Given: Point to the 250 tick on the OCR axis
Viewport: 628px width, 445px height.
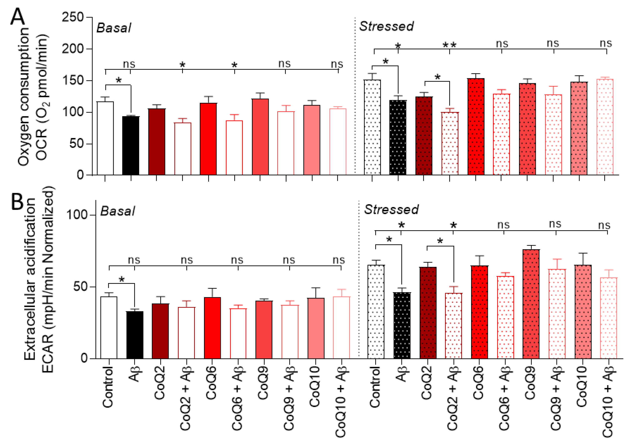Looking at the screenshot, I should coord(73,17).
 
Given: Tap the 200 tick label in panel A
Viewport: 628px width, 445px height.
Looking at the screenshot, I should coord(73,49).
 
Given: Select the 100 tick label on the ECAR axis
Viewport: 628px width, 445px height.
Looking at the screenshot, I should coord(77,215).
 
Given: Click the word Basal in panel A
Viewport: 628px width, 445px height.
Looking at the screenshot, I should coord(114,28).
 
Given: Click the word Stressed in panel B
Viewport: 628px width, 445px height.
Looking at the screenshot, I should coord(391,209).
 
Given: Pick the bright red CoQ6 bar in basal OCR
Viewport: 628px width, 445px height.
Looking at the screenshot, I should coord(208,139).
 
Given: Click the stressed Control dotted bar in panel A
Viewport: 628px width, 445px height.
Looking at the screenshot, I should coord(372,127).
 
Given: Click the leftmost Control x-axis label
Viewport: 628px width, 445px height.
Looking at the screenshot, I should coord(108,387).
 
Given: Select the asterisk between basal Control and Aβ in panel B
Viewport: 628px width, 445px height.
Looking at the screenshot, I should coord(121,280).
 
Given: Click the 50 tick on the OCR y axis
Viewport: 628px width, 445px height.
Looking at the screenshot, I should coord(76,143).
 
